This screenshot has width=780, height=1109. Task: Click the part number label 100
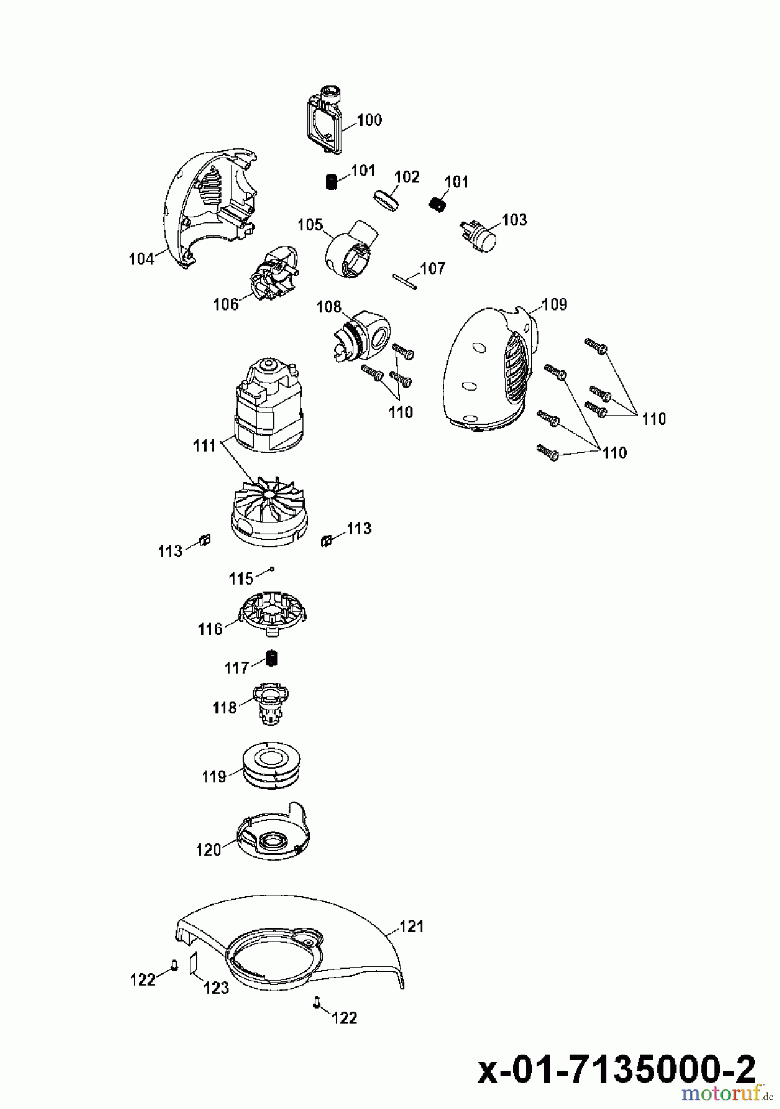pos(369,120)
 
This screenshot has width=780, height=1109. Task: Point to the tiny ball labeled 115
pos(271,570)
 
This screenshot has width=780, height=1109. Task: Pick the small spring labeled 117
pos(272,658)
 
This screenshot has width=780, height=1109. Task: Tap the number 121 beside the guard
pos(412,926)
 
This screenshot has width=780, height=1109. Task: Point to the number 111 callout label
pos(204,445)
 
